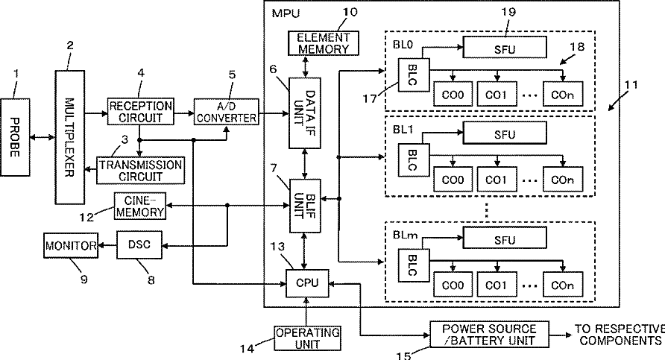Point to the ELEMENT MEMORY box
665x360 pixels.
[323, 43]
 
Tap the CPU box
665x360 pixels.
[308, 282]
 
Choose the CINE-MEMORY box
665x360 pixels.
[139, 205]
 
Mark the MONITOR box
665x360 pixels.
[71, 245]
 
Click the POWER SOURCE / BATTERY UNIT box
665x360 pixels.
[488, 335]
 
